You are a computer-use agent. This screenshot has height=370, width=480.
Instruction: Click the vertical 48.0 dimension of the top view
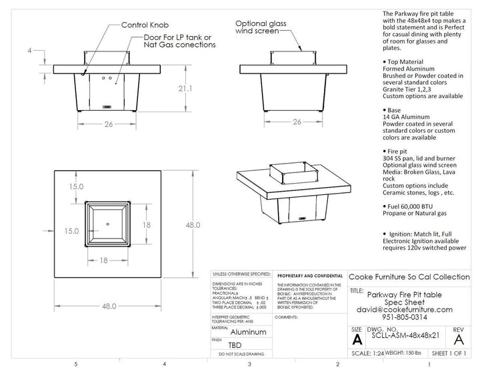pos(192,225)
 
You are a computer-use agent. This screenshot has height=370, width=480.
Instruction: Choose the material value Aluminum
pos(247,331)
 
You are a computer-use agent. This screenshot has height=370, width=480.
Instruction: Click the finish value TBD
pos(235,345)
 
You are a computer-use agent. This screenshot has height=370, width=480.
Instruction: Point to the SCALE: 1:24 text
pos(369,353)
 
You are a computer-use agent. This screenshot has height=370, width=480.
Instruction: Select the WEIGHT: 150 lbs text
pos(405,353)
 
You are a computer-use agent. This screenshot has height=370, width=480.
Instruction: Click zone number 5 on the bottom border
pos(77,364)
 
